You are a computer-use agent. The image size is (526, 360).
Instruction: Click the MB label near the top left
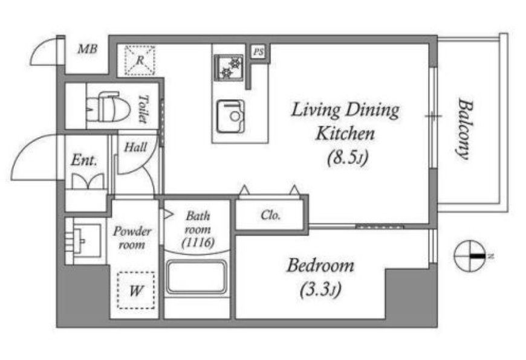click(x=88, y=50)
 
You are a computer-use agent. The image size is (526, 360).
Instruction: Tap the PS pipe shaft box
click(x=258, y=52)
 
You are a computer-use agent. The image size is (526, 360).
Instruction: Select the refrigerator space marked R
click(x=140, y=60)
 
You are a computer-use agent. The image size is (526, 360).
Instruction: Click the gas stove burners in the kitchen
click(x=229, y=68)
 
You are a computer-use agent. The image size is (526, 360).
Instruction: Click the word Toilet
click(x=143, y=109)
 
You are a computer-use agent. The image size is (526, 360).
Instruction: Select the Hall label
click(x=135, y=147)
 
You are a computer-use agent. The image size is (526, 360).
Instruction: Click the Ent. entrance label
click(x=84, y=160)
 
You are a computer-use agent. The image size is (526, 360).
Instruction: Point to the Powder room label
click(x=132, y=237)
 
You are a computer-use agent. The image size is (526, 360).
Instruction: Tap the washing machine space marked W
click(x=136, y=291)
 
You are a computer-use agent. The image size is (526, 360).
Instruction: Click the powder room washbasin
click(x=86, y=240)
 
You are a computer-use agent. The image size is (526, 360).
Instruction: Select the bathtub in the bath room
click(x=196, y=277)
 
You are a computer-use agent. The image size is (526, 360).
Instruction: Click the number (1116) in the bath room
click(x=198, y=242)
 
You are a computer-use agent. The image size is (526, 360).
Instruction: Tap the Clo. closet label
click(x=270, y=215)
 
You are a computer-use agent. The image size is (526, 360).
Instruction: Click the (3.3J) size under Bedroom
click(x=320, y=289)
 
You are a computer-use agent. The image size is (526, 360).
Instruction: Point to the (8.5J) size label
click(x=348, y=156)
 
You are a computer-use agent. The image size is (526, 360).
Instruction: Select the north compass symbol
click(x=470, y=256)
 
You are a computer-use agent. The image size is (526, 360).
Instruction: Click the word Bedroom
click(x=320, y=265)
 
